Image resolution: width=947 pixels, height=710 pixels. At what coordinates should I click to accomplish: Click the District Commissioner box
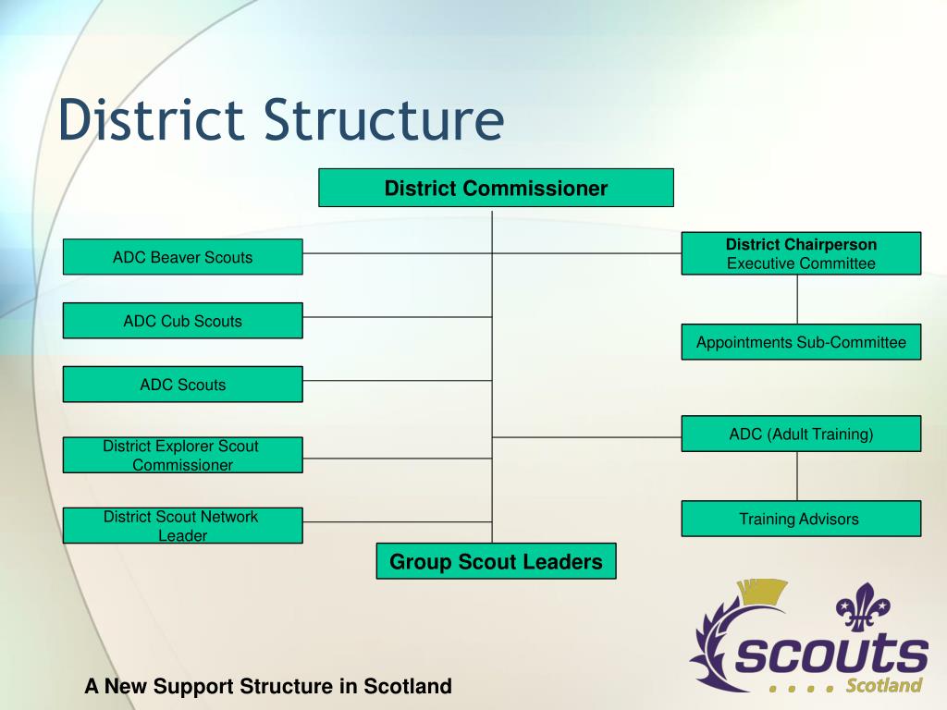pyautogui.click(x=496, y=188)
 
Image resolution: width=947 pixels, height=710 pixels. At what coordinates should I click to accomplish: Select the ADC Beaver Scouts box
pyautogui.click(x=182, y=257)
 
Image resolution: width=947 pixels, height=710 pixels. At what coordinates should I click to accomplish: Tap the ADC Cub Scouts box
pyautogui.click(x=182, y=321)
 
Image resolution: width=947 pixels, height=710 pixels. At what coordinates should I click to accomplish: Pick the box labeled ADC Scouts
pyautogui.click(x=182, y=385)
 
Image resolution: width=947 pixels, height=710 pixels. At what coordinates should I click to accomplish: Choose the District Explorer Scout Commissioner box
pyautogui.click(x=182, y=455)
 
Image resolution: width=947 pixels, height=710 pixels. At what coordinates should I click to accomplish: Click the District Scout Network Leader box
pyautogui.click(x=182, y=525)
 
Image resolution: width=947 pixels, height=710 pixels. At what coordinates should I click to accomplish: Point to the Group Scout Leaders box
pyautogui.click(x=496, y=561)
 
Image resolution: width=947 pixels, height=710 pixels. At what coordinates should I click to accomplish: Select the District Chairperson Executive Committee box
pyautogui.click(x=801, y=253)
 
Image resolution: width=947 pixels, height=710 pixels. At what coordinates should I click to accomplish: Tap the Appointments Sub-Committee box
pyautogui.click(x=801, y=342)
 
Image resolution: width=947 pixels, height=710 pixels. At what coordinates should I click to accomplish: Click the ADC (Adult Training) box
pyautogui.click(x=801, y=434)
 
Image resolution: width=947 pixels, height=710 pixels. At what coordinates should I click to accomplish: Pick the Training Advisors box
pyautogui.click(x=801, y=519)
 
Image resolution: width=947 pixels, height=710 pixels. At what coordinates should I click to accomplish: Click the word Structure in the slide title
pyautogui.click(x=385, y=122)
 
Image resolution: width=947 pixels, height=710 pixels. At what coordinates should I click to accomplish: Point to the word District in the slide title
pyautogui.click(x=154, y=122)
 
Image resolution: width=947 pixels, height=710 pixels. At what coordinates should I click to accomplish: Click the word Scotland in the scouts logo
pyautogui.click(x=884, y=685)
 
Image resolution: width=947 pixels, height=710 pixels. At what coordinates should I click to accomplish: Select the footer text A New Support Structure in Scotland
pyautogui.click(x=268, y=687)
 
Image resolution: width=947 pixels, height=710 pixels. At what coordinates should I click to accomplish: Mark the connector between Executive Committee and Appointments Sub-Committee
pyautogui.click(x=797, y=300)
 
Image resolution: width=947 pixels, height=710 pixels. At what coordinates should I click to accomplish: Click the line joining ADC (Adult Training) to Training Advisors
pyautogui.click(x=797, y=476)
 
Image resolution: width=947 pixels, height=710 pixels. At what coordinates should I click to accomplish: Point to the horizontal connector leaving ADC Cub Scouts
pyautogui.click(x=397, y=317)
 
